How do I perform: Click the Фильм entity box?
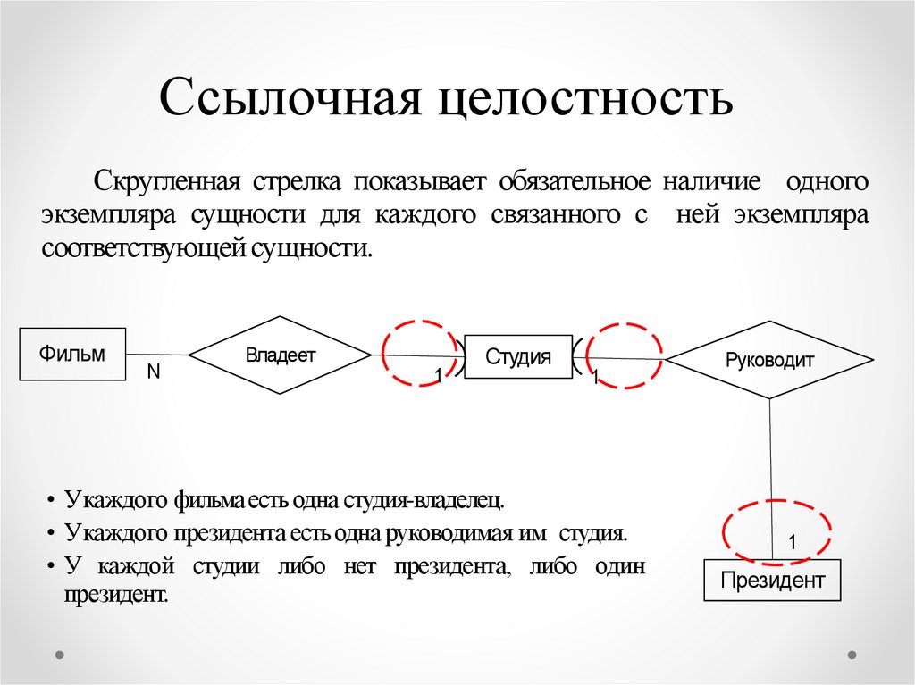72,355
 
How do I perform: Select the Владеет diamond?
280,355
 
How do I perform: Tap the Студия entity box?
518,357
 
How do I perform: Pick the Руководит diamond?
769,361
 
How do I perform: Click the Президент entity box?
773,581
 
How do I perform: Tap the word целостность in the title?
585,98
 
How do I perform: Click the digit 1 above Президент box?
792,542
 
